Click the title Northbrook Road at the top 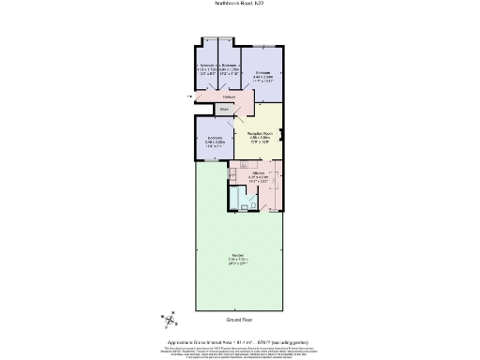point(239,5)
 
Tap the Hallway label point(228,96)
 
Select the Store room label point(223,109)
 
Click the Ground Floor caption point(239,319)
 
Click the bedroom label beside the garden point(214,142)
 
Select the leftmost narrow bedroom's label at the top point(207,68)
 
